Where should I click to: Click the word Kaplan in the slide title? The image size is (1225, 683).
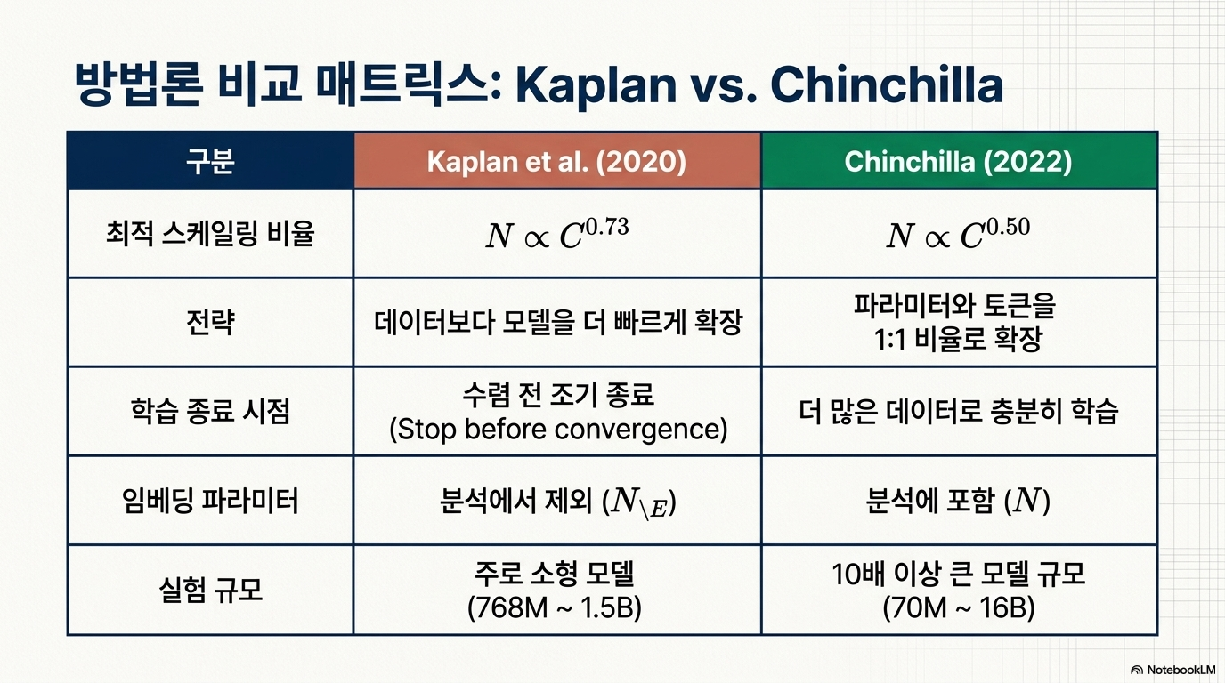point(596,85)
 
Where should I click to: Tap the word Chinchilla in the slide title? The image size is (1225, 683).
point(887,84)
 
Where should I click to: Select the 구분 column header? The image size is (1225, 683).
point(210,162)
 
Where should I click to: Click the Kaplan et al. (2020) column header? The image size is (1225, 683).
point(556,162)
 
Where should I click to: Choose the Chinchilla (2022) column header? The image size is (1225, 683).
point(958,162)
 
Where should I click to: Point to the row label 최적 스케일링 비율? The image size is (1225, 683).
point(210,234)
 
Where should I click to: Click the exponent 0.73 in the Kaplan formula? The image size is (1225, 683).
point(607,226)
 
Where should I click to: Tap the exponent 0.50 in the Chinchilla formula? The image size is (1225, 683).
point(1008,226)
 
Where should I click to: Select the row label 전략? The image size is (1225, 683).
point(210,322)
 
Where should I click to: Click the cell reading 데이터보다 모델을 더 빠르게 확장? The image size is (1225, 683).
point(558,322)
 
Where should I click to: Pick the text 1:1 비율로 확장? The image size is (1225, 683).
point(958,340)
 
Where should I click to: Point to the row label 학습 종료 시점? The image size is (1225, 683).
point(210,411)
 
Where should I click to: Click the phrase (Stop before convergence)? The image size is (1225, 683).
point(558,429)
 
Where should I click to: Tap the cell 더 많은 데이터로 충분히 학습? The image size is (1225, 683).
point(958,411)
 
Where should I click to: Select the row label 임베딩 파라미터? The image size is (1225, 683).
point(210,501)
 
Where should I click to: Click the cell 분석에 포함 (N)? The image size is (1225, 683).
point(958,501)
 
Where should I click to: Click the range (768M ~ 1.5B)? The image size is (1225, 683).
point(555,607)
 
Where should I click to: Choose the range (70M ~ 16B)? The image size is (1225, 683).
point(958,607)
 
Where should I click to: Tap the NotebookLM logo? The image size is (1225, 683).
point(1172,670)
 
